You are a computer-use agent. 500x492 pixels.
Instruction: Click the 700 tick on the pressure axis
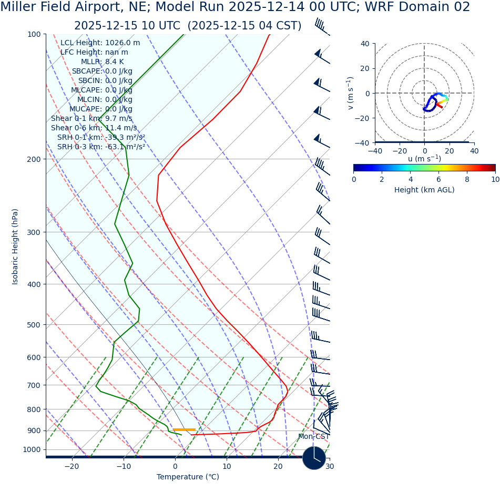coord(34,385)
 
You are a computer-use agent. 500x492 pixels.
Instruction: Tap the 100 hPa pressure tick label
coord(34,34)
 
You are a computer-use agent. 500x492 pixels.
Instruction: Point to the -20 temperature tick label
coord(72,466)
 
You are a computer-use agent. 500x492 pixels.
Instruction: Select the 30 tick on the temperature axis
coord(330,466)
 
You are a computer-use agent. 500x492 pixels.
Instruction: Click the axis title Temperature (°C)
coord(188,477)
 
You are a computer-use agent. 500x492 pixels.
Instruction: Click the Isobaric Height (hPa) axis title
coord(15,247)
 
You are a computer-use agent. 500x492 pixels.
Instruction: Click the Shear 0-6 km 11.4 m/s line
coord(94,128)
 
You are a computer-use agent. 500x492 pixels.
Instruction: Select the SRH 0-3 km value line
coord(101,147)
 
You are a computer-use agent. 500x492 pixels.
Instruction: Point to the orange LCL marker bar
coord(184,430)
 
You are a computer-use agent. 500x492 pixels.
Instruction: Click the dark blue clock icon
coord(314,458)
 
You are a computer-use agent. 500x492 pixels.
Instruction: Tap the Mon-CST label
coord(313,437)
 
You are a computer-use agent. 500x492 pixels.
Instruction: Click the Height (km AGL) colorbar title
coord(424,190)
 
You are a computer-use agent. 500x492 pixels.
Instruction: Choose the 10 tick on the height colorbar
coord(495,179)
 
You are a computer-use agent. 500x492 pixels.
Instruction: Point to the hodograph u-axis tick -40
coord(375,151)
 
